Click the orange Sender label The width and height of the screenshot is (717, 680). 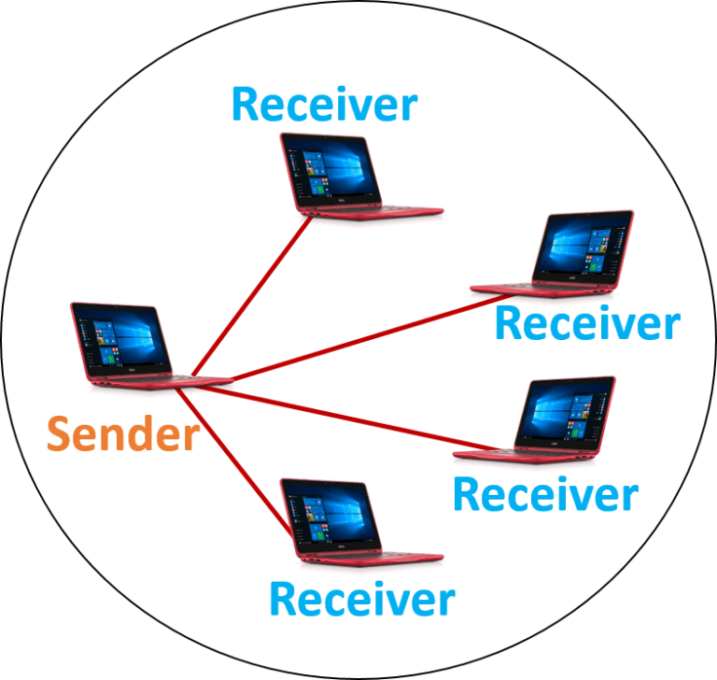tap(123, 434)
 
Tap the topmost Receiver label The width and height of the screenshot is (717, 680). tap(323, 104)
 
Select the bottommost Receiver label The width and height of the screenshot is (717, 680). tap(361, 599)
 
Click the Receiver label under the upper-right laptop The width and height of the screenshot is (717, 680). tap(586, 323)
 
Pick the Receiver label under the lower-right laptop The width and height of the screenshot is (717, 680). tap(545, 493)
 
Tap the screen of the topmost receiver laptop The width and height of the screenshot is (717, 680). tap(330, 169)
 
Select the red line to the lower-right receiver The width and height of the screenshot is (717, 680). tap(355, 417)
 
